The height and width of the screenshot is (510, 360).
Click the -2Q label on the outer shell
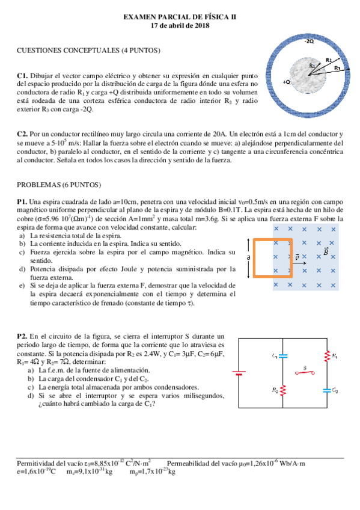pyautogui.click(x=309, y=41)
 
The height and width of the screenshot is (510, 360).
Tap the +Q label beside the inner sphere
pyautogui.click(x=286, y=81)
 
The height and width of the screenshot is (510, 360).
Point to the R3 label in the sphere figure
pyautogui.click(x=338, y=68)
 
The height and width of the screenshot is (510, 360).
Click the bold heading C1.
pyautogui.click(x=22, y=76)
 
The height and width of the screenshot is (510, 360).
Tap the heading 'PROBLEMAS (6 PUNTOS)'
pyautogui.click(x=59, y=185)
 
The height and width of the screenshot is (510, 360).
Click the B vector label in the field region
pyautogui.click(x=326, y=251)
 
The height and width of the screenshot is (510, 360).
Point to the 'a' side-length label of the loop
pyautogui.click(x=248, y=257)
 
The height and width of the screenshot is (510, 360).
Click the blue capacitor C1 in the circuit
pyautogui.click(x=283, y=356)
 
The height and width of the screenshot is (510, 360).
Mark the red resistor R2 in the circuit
pyautogui.click(x=283, y=390)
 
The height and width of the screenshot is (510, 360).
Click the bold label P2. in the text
pyautogui.click(x=23, y=336)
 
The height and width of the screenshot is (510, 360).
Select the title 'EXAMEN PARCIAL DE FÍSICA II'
pyautogui.click(x=180, y=17)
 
